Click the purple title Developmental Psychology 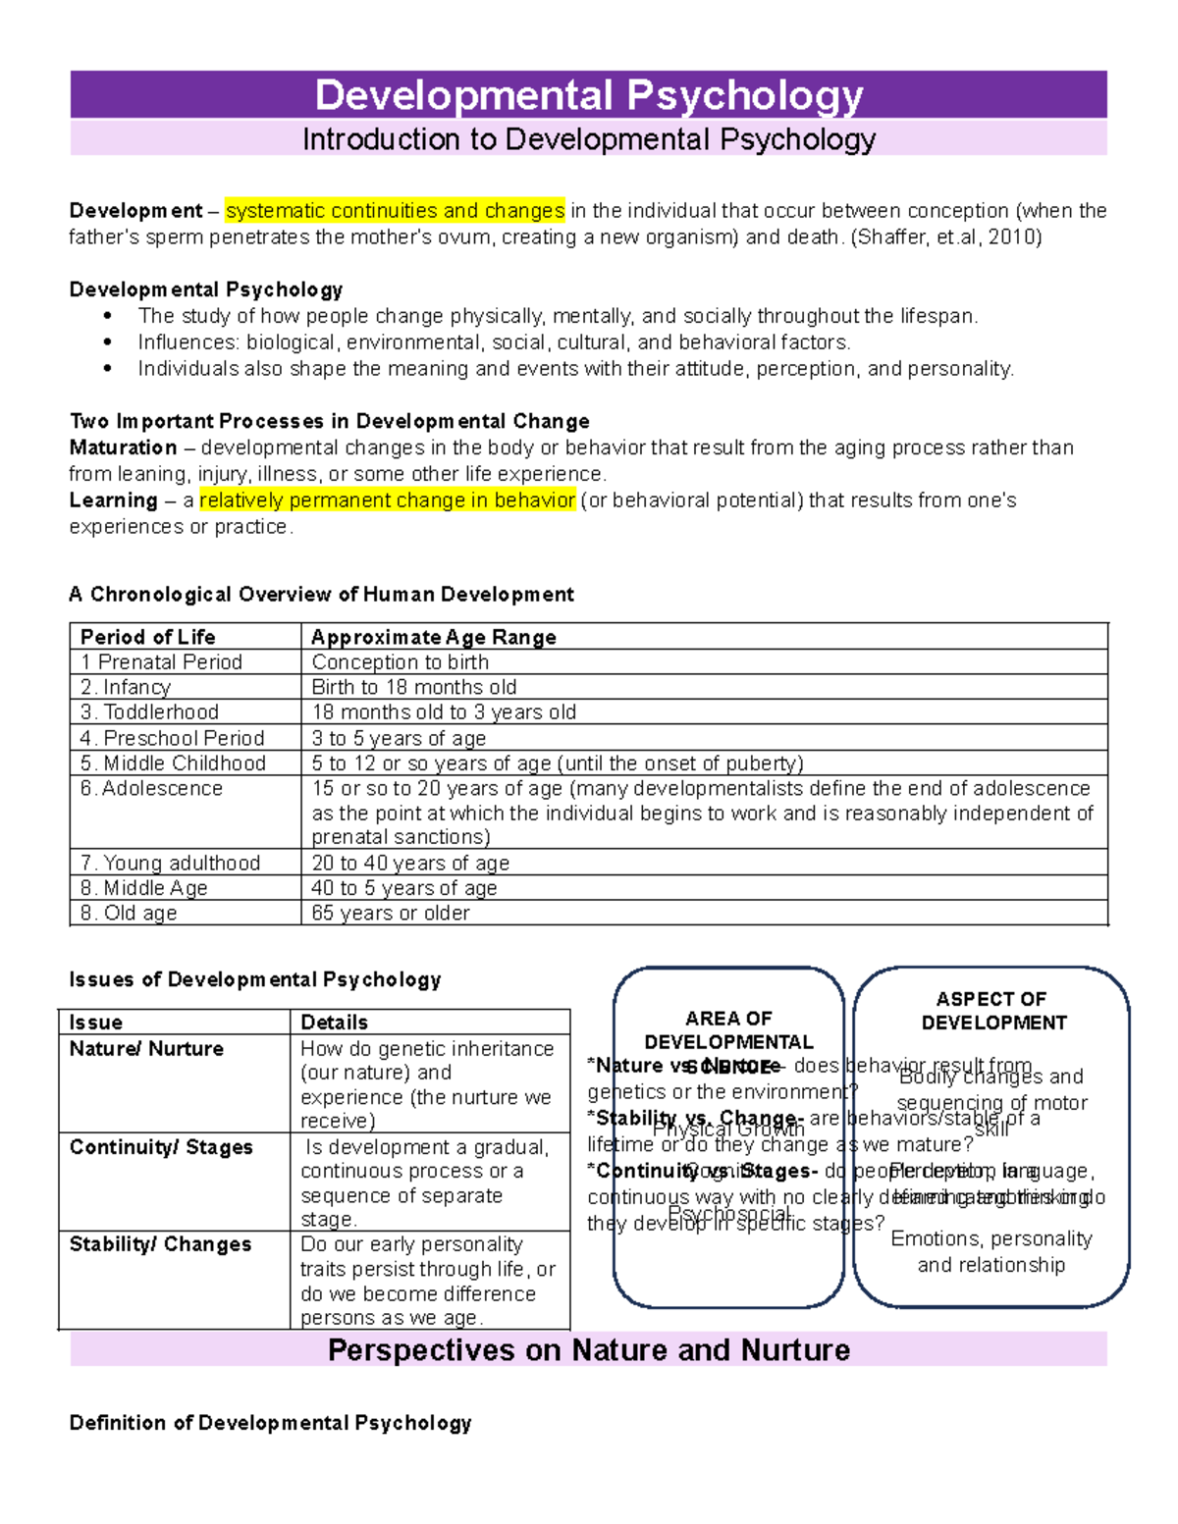pyautogui.click(x=588, y=95)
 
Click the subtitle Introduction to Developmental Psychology pyautogui.click(x=588, y=139)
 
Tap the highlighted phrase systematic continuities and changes pyautogui.click(x=395, y=211)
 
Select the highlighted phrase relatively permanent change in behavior pyautogui.click(x=387, y=500)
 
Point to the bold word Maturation pyautogui.click(x=123, y=447)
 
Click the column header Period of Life pyautogui.click(x=147, y=637)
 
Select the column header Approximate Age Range pyautogui.click(x=433, y=637)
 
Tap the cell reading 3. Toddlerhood pyautogui.click(x=149, y=712)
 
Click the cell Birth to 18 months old pyautogui.click(x=413, y=687)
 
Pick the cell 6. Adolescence pyautogui.click(x=151, y=789)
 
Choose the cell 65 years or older pyautogui.click(x=390, y=913)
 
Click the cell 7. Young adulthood pyautogui.click(x=170, y=863)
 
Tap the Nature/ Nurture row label pyautogui.click(x=146, y=1049)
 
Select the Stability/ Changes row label pyautogui.click(x=160, y=1244)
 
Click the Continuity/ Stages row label pyautogui.click(x=161, y=1147)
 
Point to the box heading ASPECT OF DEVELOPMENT pyautogui.click(x=991, y=1011)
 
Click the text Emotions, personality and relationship pyautogui.click(x=991, y=1251)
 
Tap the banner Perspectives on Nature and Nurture pyautogui.click(x=588, y=1350)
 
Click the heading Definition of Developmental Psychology pyautogui.click(x=270, y=1423)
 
